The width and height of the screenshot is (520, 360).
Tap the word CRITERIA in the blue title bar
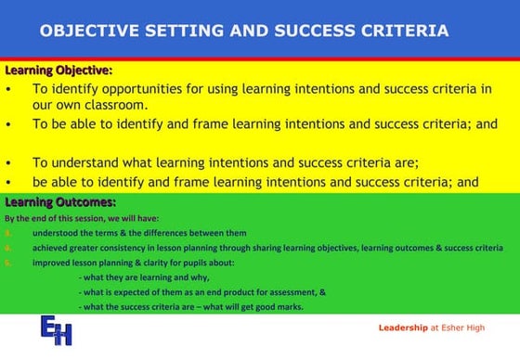click(x=402, y=31)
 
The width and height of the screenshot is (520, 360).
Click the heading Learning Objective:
click(x=58, y=71)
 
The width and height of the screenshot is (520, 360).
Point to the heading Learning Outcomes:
click(x=60, y=201)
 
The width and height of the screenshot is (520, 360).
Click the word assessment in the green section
click(x=288, y=292)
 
